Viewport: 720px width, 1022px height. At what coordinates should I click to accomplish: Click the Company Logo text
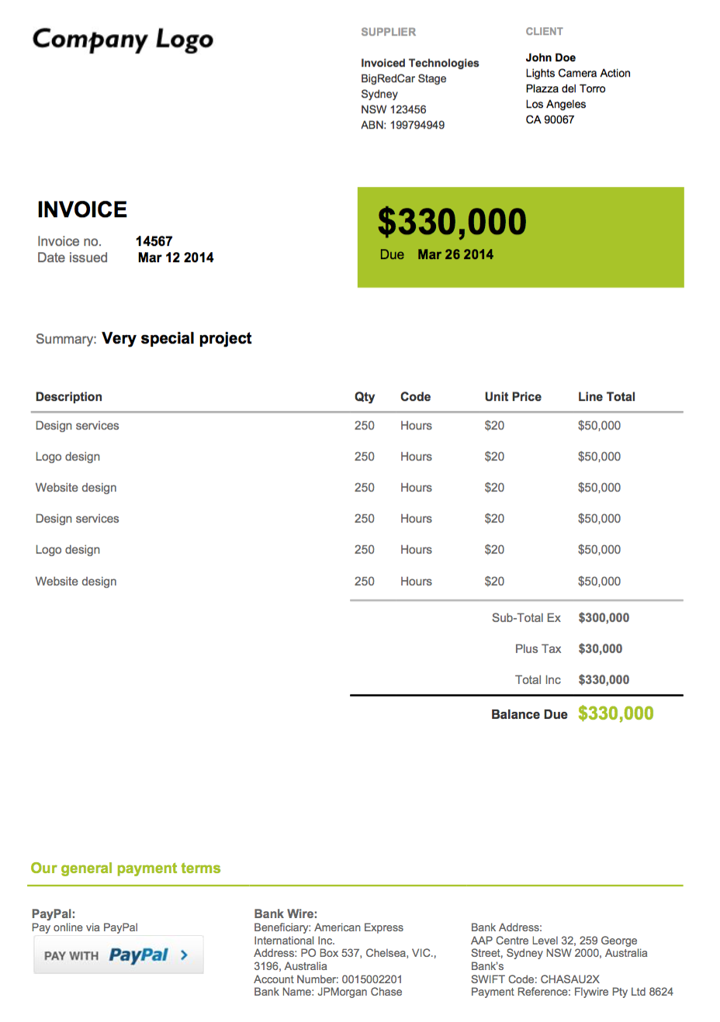coord(123,39)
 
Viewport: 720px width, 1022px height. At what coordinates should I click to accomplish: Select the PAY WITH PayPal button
coord(118,955)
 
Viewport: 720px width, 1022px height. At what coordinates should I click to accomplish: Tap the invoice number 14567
coord(154,241)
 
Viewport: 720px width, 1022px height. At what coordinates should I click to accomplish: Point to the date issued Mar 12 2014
coord(175,257)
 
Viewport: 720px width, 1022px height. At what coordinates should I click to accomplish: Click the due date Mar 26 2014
coord(455,254)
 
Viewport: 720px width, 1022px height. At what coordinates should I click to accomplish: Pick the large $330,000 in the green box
coord(452,223)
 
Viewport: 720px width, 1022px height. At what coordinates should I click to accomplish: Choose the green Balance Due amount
coord(615,713)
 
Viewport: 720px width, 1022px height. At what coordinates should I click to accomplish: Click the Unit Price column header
coord(513,396)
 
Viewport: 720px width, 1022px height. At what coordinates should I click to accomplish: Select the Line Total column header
coord(606,396)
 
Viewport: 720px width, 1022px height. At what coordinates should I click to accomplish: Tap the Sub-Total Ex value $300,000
coord(604,618)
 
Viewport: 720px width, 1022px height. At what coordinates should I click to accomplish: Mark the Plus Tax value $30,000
coord(600,649)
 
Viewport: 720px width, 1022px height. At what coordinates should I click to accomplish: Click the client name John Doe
coord(550,57)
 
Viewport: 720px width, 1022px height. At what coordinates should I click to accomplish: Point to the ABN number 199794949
coord(417,125)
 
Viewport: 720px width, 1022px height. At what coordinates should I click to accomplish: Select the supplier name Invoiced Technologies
coord(420,63)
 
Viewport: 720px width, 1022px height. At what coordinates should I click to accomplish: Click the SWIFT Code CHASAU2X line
coord(535,979)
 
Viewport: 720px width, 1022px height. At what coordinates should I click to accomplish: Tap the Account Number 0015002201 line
coord(327,979)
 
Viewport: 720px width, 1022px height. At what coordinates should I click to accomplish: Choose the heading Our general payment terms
coord(126,868)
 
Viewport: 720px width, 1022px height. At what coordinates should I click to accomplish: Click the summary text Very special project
coord(177,338)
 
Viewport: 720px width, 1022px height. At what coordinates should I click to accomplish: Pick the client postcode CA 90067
coord(549,119)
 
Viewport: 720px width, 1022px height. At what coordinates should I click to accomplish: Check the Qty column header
coord(364,396)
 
